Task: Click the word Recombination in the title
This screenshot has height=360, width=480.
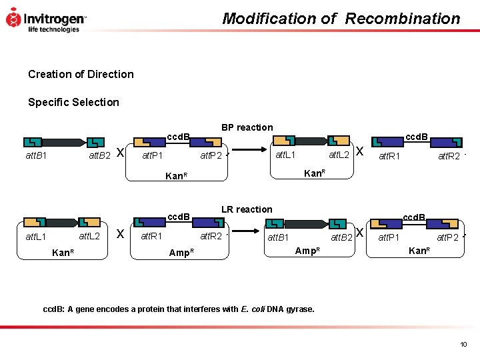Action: click(402, 19)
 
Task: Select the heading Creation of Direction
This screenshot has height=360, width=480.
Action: click(81, 74)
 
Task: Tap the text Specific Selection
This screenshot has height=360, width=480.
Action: click(73, 102)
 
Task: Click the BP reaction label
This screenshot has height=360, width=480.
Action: click(247, 127)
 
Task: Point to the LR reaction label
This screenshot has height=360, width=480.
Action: click(247, 209)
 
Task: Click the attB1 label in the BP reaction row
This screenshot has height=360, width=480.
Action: click(36, 157)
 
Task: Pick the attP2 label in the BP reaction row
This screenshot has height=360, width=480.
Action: click(211, 157)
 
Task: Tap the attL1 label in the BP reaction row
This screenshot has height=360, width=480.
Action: click(287, 155)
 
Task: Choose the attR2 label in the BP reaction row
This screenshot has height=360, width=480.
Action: click(448, 157)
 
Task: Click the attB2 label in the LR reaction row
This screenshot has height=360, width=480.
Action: click(342, 237)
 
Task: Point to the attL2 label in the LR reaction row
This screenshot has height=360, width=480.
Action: click(89, 236)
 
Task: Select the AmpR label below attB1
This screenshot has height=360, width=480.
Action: click(307, 250)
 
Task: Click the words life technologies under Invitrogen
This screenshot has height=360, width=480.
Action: click(53, 29)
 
